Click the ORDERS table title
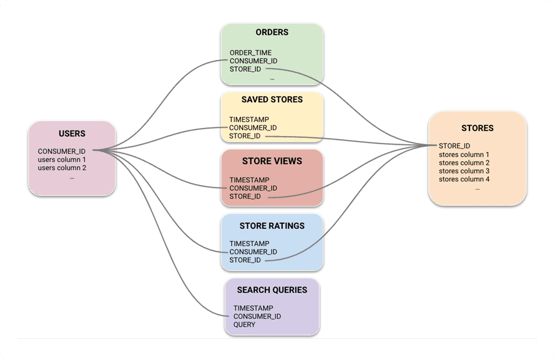tap(272, 32)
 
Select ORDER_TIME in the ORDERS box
tap(250, 53)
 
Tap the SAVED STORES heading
tap(272, 100)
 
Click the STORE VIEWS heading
tap(272, 161)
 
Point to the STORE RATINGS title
tap(272, 225)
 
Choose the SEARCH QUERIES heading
tap(272, 290)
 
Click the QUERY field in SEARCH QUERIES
tap(244, 324)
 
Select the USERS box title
tap(72, 134)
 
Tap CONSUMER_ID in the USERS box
tap(61, 151)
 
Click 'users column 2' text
tap(62, 167)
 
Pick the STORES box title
tap(477, 129)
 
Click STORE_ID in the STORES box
tap(454, 146)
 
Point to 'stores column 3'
tap(464, 171)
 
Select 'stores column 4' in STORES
tap(464, 179)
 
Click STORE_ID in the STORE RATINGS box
tap(245, 260)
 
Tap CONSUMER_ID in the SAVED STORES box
tap(253, 128)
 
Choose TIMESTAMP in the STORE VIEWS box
tap(249, 180)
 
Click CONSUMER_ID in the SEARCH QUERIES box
tap(257, 316)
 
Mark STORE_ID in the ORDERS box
tap(245, 69)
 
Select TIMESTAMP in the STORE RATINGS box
tap(249, 243)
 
